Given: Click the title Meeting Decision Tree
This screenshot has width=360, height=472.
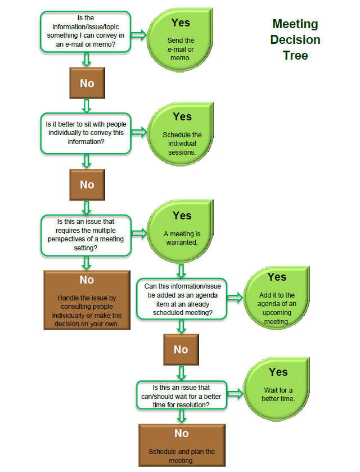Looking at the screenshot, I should coord(295,39).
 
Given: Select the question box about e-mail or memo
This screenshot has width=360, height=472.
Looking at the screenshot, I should coord(85,33).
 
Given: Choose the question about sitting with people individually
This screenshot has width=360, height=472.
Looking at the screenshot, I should coord(86,133).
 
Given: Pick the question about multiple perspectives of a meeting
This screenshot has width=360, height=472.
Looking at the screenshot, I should coord(86,234).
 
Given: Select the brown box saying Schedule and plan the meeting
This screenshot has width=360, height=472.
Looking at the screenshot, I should coord(181,445).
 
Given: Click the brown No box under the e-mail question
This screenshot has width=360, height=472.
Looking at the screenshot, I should coord(87,83).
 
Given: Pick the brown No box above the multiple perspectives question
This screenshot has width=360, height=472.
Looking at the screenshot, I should coord(87,185).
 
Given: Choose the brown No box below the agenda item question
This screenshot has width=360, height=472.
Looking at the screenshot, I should coord(181,349).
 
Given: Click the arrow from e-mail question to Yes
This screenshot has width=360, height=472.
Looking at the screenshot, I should coord(139,34).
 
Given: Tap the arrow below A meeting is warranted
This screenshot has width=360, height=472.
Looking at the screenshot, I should coord(181,271).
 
